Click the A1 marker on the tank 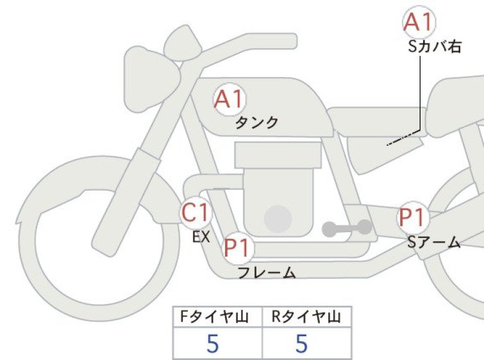pyautogui.click(x=230, y=99)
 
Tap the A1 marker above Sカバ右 pyautogui.click(x=419, y=22)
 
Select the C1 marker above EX pyautogui.click(x=196, y=212)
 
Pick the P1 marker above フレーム pyautogui.click(x=238, y=248)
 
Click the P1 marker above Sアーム pyautogui.click(x=413, y=218)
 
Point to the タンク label pyautogui.click(x=256, y=123)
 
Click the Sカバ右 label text pyautogui.click(x=435, y=47)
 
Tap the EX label pyautogui.click(x=201, y=237)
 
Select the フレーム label pyautogui.click(x=267, y=273)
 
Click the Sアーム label pyautogui.click(x=434, y=243)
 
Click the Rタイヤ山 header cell pyautogui.click(x=306, y=317)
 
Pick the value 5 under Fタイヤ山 pyautogui.click(x=213, y=343)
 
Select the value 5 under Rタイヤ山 pyautogui.click(x=301, y=343)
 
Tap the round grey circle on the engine pyautogui.click(x=278, y=219)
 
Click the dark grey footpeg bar pyautogui.click(x=347, y=228)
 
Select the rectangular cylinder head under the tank pyautogui.click(x=278, y=155)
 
